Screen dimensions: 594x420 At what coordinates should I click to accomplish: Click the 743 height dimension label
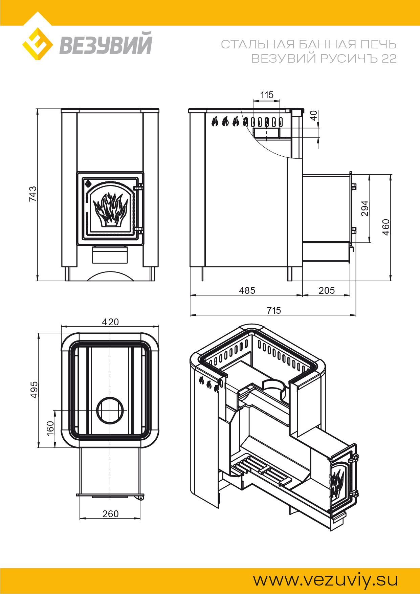(x=33, y=194)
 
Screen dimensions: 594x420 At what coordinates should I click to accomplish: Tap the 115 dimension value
(x=267, y=95)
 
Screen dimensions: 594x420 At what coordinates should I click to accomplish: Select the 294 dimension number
(x=364, y=208)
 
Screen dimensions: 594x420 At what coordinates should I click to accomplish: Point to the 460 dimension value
(x=386, y=227)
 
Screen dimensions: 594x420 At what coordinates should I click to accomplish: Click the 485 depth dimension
(x=247, y=290)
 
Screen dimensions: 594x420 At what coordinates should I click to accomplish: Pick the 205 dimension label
(x=327, y=290)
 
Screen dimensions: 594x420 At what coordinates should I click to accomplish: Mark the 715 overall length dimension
(x=274, y=310)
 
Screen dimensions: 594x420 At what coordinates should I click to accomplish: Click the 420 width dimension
(x=110, y=322)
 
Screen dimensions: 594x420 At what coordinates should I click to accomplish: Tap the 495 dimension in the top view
(x=34, y=390)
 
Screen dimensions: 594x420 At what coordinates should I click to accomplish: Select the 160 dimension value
(x=50, y=428)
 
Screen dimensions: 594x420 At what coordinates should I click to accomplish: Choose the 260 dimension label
(x=110, y=514)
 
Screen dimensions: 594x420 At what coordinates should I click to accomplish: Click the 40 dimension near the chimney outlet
(x=314, y=115)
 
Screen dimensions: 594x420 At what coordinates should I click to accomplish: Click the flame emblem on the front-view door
(x=110, y=210)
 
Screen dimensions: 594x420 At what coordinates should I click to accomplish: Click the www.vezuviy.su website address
(x=325, y=580)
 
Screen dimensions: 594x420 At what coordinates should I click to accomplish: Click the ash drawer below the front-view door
(x=110, y=255)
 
